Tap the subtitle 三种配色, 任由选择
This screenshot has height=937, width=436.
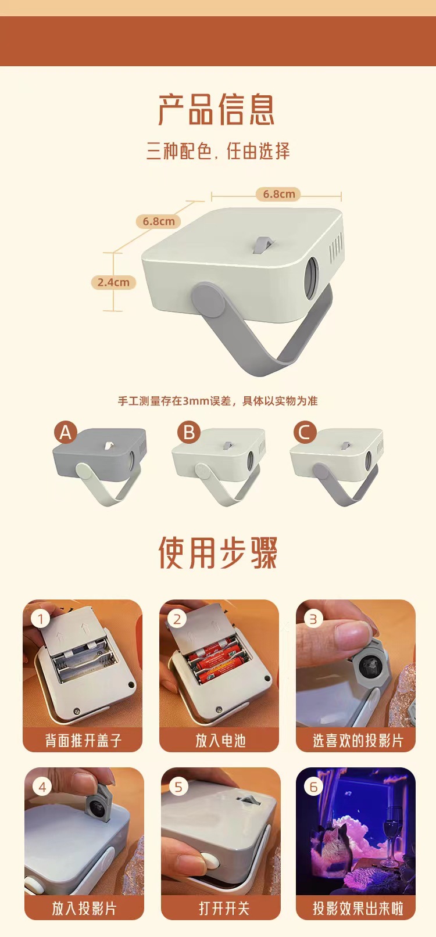click(218, 152)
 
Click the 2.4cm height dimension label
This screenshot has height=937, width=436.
click(113, 282)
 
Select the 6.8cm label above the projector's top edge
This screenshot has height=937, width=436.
click(278, 194)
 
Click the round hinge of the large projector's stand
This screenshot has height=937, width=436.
click(208, 299)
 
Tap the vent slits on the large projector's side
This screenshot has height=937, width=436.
click(335, 248)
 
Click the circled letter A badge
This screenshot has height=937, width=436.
click(65, 432)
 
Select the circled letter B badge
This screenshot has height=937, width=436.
click(188, 432)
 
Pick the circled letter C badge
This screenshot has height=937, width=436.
click(304, 432)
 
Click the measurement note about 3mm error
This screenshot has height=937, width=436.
click(218, 401)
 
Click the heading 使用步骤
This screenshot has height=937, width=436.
click(218, 552)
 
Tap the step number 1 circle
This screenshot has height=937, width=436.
click(41, 619)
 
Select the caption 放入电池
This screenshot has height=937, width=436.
click(220, 740)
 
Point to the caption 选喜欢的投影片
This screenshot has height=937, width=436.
click(356, 740)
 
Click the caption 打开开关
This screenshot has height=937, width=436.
click(223, 907)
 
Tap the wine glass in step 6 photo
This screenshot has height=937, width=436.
click(393, 828)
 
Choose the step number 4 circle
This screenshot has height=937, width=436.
click(42, 787)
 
